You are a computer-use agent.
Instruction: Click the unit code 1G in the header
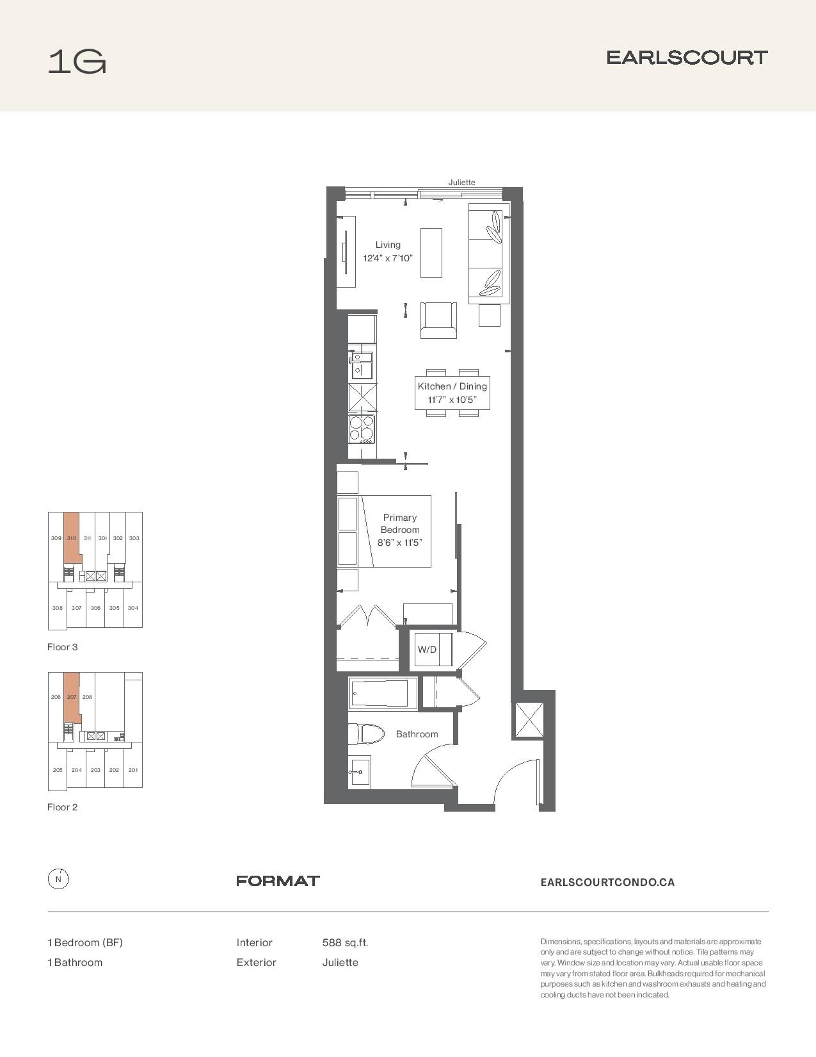click(x=77, y=62)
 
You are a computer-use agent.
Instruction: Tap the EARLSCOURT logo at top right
click(x=687, y=58)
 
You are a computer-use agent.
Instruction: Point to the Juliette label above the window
click(x=461, y=183)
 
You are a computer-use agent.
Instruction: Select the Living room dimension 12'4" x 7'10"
click(x=388, y=258)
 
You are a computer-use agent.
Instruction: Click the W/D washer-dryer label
click(x=427, y=650)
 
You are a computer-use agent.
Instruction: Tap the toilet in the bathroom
click(x=366, y=734)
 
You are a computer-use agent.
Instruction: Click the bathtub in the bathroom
click(x=383, y=693)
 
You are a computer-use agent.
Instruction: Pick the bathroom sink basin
click(x=360, y=772)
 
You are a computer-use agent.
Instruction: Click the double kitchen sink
click(x=361, y=365)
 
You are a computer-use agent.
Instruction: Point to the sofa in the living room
click(x=488, y=254)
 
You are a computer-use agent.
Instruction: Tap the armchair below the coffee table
click(x=438, y=320)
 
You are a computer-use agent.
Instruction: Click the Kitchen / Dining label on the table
click(x=452, y=386)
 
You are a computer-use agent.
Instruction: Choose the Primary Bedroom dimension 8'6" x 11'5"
click(x=400, y=543)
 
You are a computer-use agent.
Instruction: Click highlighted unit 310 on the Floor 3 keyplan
click(x=72, y=538)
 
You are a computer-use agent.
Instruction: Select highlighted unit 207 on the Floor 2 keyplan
click(x=72, y=697)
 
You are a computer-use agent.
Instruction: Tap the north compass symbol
click(x=58, y=879)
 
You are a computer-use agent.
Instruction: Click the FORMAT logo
click(x=278, y=881)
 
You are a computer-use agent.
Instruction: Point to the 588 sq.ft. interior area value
click(x=345, y=943)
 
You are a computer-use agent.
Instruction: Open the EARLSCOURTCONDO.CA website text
click(x=607, y=882)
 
